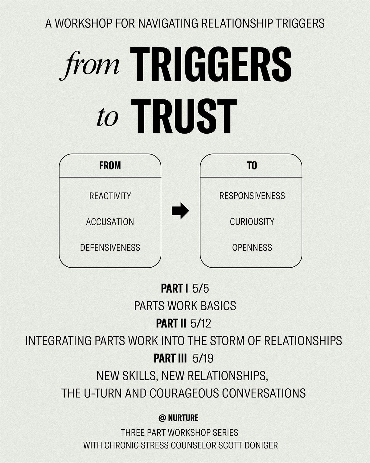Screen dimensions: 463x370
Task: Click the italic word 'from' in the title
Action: [x=89, y=65]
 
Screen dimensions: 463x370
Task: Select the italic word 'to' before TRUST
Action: [x=108, y=118]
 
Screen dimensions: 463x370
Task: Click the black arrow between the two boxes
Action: [x=180, y=211]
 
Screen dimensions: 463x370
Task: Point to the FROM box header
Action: [x=110, y=166]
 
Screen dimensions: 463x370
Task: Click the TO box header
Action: [x=252, y=166]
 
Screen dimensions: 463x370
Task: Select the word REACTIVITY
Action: [x=110, y=196]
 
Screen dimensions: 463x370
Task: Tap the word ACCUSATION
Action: [x=110, y=222]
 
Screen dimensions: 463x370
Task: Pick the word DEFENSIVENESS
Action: [x=110, y=248]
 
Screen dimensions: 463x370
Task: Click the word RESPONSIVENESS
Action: [x=252, y=196]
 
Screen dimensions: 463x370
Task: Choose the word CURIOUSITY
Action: [x=252, y=222]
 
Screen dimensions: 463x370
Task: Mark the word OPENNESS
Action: [x=252, y=248]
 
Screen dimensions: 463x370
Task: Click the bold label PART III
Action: [x=170, y=358]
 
